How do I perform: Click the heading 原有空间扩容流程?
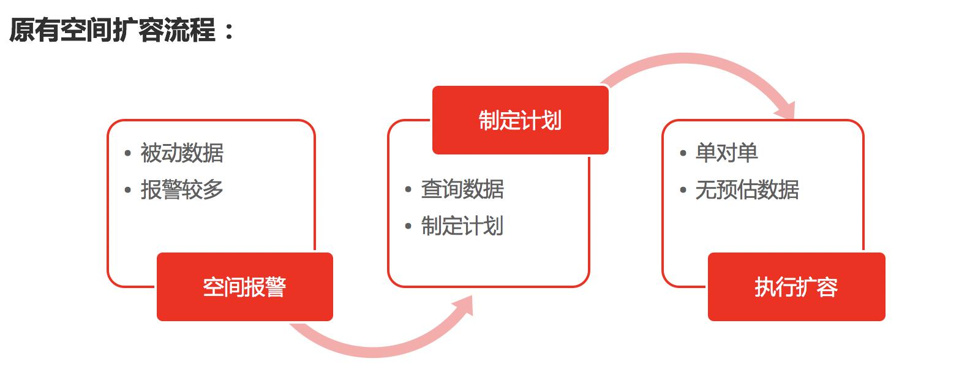tap(112, 30)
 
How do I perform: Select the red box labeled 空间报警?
tap(245, 287)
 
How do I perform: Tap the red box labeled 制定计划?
tap(520, 120)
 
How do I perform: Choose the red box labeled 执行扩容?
tap(796, 287)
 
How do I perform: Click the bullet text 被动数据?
tap(182, 153)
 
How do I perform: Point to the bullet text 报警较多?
tap(182, 190)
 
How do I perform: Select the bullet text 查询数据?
tap(462, 189)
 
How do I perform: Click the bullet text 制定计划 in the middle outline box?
tap(462, 226)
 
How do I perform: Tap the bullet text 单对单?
tap(726, 153)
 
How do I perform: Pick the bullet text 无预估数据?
tap(747, 190)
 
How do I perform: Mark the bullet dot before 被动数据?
tap(127, 153)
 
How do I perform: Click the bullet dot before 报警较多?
tap(127, 190)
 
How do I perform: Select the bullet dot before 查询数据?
tap(408, 189)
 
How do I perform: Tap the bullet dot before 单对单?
tap(683, 153)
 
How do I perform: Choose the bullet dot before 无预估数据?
tap(683, 190)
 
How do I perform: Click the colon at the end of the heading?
tap(229, 31)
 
